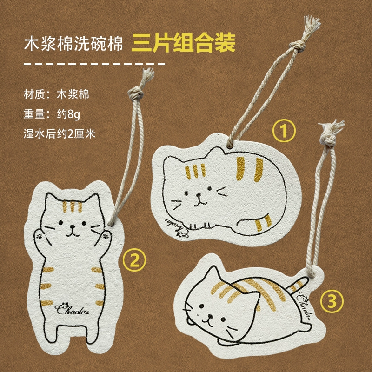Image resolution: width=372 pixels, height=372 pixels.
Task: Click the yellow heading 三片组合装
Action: [x=183, y=43]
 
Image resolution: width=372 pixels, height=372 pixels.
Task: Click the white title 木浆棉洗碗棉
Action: [x=73, y=44]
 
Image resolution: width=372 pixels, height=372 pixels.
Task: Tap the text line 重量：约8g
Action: [x=52, y=114]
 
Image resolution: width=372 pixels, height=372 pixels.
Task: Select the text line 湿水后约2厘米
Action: [x=60, y=134]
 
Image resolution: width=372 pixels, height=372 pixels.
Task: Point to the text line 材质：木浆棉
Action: [x=56, y=94]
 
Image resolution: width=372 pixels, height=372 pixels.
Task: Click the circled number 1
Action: [x=284, y=131]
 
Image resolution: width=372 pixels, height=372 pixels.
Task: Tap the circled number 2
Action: [x=134, y=260]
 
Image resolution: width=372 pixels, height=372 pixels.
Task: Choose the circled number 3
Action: [x=332, y=301]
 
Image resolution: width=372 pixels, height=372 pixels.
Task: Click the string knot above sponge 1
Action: [x=297, y=46]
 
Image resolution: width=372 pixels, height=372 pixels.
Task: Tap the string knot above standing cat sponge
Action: [x=136, y=93]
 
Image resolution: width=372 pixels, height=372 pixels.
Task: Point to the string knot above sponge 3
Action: [x=329, y=139]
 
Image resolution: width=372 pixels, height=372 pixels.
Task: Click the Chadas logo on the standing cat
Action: [x=72, y=308]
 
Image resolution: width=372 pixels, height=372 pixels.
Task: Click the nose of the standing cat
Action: [x=72, y=227]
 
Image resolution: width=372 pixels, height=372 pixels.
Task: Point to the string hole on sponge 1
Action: [x=230, y=145]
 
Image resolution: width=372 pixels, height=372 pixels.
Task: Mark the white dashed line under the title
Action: [x=94, y=64]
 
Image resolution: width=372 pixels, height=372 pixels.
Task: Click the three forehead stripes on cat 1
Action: [x=195, y=171]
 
